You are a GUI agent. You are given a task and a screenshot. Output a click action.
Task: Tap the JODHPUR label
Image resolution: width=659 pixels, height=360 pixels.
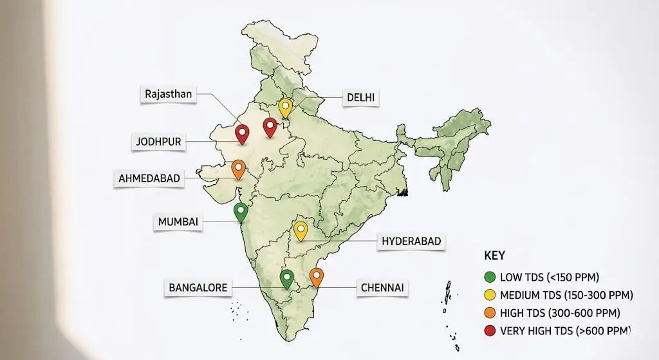pyautogui.click(x=158, y=142)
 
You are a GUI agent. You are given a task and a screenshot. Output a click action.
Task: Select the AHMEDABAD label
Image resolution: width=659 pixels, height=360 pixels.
pyautogui.click(x=149, y=178)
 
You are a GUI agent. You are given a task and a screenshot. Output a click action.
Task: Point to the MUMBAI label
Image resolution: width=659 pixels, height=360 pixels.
pyautogui.click(x=178, y=222)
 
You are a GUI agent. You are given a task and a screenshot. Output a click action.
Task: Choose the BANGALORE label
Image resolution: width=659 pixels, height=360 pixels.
pyautogui.click(x=198, y=287)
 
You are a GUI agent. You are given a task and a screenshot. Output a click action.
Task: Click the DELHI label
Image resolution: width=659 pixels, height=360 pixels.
pyautogui.click(x=362, y=98)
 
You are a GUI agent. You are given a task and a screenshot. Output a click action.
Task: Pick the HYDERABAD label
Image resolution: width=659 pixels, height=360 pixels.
pyautogui.click(x=411, y=241)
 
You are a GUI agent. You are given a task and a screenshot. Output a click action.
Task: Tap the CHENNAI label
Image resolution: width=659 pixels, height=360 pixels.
pyautogui.click(x=382, y=287)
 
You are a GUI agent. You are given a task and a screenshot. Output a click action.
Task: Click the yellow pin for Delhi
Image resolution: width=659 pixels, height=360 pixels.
pyautogui.click(x=285, y=107)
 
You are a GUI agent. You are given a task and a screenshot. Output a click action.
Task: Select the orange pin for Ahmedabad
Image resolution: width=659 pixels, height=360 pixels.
pyautogui.click(x=238, y=168)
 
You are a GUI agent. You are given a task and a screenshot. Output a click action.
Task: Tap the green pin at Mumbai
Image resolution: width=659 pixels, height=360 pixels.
pyautogui.click(x=241, y=211)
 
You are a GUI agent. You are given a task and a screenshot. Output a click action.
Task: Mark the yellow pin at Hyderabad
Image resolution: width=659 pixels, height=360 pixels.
pyautogui.click(x=301, y=230)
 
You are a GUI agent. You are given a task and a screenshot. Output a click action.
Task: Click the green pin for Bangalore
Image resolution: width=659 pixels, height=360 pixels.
pyautogui.click(x=287, y=278)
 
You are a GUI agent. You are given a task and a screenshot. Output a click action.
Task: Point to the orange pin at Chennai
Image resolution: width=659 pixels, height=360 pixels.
pyautogui.click(x=316, y=276)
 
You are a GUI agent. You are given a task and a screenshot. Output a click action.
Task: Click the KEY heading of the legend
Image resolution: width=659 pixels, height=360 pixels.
pyautogui.click(x=495, y=255)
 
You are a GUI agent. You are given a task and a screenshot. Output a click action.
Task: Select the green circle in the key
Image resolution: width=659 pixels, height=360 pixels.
pyautogui.click(x=490, y=278)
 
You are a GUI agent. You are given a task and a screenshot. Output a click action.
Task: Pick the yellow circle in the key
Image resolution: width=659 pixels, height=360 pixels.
pyautogui.click(x=490, y=296)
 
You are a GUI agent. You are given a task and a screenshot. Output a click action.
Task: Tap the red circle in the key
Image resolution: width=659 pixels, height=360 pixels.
pyautogui.click(x=490, y=331)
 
